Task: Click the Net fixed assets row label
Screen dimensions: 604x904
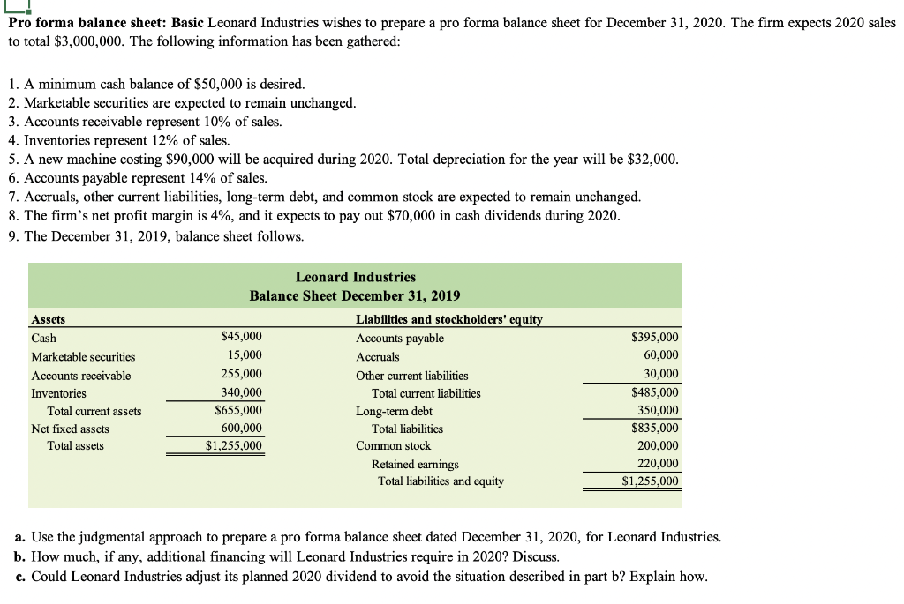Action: [71, 429]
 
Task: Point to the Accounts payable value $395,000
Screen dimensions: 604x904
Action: [656, 338]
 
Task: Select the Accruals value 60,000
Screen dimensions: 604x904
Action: [661, 356]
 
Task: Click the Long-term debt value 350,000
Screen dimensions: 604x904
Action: [659, 411]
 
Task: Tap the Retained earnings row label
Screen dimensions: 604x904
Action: [415, 464]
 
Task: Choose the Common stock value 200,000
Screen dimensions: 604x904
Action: [659, 446]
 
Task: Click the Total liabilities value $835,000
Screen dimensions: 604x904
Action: [656, 429]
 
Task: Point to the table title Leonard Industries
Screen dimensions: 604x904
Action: [355, 277]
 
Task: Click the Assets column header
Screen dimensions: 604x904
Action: [48, 320]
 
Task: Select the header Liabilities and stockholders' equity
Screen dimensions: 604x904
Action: [448, 320]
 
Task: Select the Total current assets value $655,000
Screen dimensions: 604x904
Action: [238, 411]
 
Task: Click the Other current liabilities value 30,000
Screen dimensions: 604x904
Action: [661, 375]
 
